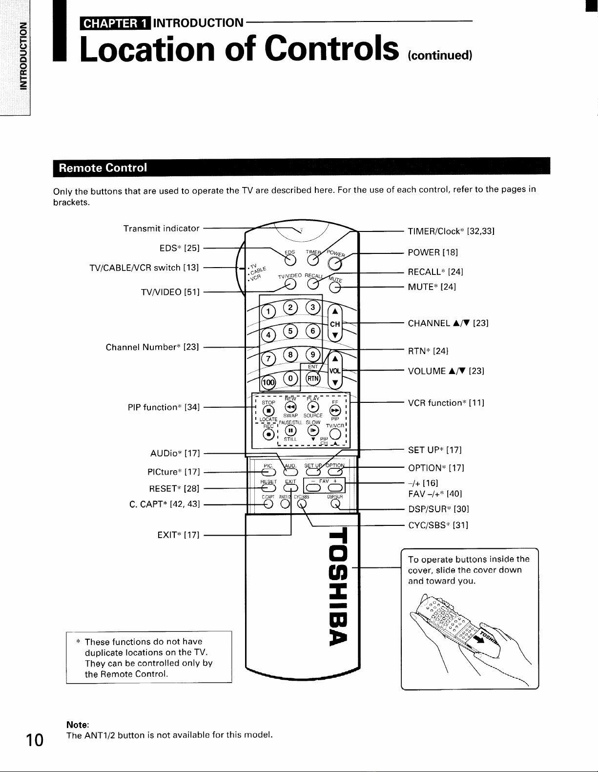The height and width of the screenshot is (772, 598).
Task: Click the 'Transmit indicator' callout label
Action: tap(162, 229)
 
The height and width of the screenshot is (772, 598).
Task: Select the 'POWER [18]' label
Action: tap(433, 252)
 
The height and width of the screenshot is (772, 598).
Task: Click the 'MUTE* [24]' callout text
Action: tap(432, 287)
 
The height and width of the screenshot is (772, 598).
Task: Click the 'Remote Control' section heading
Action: tap(103, 168)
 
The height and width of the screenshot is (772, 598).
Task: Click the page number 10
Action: tap(35, 740)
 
